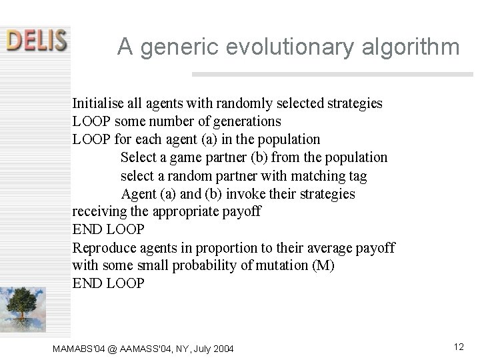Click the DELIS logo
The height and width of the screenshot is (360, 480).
[37, 40]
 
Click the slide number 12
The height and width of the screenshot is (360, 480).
[458, 347]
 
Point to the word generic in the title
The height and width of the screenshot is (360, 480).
[175, 47]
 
